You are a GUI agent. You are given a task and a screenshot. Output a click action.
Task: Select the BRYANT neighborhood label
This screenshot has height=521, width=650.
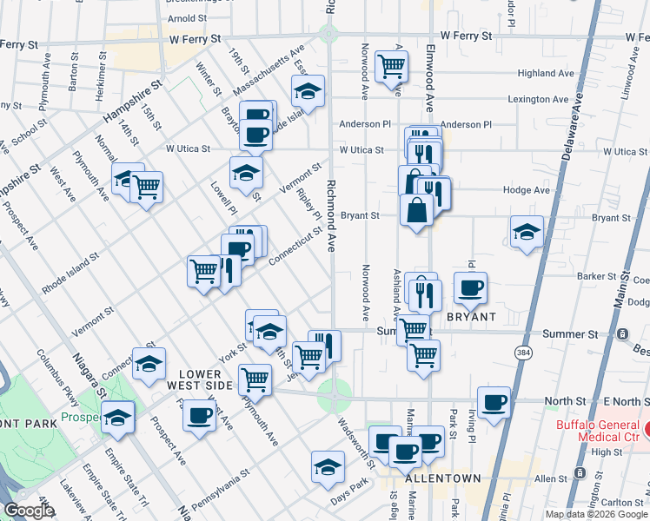(470, 317)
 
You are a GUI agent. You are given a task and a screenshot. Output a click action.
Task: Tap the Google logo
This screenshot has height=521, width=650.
(29, 511)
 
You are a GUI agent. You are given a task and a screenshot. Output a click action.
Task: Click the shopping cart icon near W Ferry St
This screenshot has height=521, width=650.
(391, 64)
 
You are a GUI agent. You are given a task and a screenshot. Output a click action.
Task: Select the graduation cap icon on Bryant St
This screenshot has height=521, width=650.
(527, 232)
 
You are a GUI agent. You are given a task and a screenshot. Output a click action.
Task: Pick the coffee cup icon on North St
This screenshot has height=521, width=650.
(494, 402)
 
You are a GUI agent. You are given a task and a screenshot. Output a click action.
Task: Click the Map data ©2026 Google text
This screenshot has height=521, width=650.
(596, 514)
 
